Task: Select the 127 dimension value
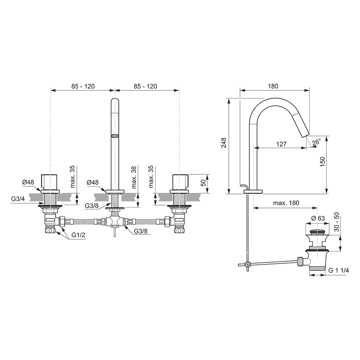tap(281, 144)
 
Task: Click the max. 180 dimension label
tap(286, 203)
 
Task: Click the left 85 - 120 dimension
tap(83, 86)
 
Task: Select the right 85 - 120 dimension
tap(145, 86)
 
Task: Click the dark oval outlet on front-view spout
tap(115, 136)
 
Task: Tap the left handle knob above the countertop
tap(50, 182)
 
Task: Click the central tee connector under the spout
tap(114, 221)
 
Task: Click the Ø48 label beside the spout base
tap(93, 182)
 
